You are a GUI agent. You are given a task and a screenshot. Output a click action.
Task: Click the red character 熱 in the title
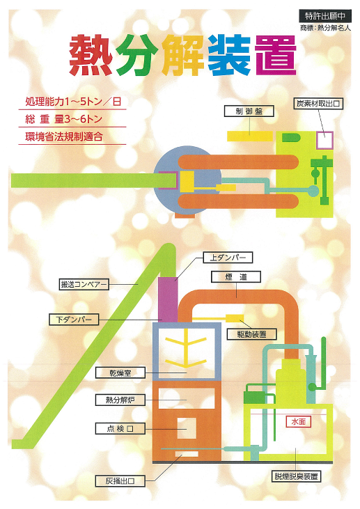[x=91, y=56]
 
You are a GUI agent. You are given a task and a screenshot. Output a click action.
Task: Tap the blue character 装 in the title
[x=230, y=56]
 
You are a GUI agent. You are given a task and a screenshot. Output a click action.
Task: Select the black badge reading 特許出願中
[x=325, y=15]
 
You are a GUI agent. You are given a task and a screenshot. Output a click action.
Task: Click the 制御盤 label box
[x=249, y=111]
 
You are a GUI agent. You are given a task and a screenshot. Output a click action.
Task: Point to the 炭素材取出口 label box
[x=318, y=104]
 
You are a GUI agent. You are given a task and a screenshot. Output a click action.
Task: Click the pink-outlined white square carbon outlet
[x=324, y=140]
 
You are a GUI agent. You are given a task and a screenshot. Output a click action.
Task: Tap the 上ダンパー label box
[x=228, y=258]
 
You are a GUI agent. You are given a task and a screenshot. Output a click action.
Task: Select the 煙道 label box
[x=236, y=277]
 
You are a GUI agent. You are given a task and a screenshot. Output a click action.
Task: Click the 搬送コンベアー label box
[x=84, y=285]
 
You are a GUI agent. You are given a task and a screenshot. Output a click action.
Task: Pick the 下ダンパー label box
[x=74, y=320]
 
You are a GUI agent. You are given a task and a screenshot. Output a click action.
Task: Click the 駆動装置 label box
[x=252, y=334]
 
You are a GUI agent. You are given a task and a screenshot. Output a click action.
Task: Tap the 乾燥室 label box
[x=120, y=373]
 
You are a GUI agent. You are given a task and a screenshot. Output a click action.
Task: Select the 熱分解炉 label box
[x=120, y=400]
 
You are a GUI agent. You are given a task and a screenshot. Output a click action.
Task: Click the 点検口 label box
[x=120, y=428]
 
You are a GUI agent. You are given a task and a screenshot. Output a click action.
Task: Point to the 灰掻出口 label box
[x=120, y=480]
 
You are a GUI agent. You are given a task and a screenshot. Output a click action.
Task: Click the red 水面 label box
[x=299, y=421]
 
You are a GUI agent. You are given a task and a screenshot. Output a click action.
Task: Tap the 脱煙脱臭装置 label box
[x=296, y=476]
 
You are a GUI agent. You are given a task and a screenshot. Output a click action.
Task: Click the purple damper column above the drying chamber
[x=168, y=300]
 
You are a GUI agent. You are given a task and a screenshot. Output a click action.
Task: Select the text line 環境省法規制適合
[x=64, y=136]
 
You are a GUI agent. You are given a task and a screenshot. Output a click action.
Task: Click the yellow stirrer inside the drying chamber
[x=186, y=350]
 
